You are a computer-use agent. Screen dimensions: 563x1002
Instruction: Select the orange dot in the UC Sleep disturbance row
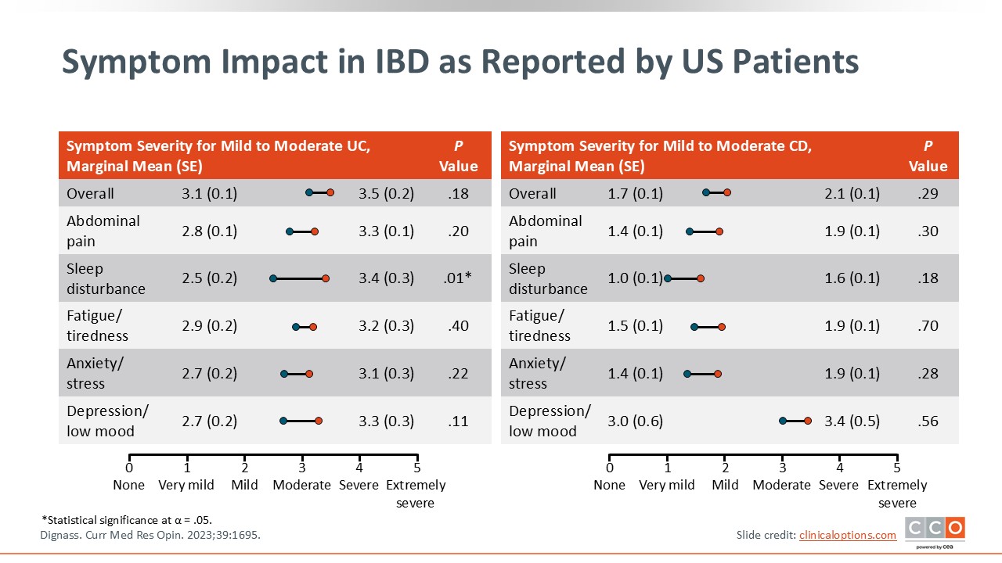click(x=326, y=278)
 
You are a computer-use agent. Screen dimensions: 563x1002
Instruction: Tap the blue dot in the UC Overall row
click(x=308, y=192)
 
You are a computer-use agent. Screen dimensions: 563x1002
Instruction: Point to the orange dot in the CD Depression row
click(x=808, y=421)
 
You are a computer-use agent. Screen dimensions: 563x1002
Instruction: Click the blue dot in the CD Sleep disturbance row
click(x=668, y=278)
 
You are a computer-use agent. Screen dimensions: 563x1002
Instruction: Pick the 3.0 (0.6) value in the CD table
click(x=635, y=421)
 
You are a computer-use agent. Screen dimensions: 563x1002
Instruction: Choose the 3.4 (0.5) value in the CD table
click(x=852, y=421)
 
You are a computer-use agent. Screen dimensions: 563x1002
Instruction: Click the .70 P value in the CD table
click(x=928, y=326)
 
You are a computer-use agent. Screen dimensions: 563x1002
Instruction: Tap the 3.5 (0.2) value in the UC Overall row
click(x=386, y=193)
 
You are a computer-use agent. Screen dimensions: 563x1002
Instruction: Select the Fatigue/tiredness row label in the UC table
click(x=98, y=326)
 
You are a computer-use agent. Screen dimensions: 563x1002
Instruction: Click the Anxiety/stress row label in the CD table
click(x=537, y=374)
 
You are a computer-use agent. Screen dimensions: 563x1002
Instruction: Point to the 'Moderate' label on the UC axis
click(x=302, y=485)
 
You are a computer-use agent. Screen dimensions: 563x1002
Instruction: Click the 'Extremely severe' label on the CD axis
click(x=897, y=494)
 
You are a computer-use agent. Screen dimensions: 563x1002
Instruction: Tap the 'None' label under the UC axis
click(x=129, y=485)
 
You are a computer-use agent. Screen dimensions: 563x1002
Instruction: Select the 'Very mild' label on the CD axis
click(x=667, y=485)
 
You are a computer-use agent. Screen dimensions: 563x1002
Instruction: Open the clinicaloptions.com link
click(x=847, y=535)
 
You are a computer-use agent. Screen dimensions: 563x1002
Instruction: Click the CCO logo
click(x=935, y=529)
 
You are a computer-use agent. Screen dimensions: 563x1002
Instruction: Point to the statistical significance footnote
click(x=127, y=520)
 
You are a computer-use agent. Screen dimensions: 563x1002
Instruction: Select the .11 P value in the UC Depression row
click(x=458, y=421)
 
